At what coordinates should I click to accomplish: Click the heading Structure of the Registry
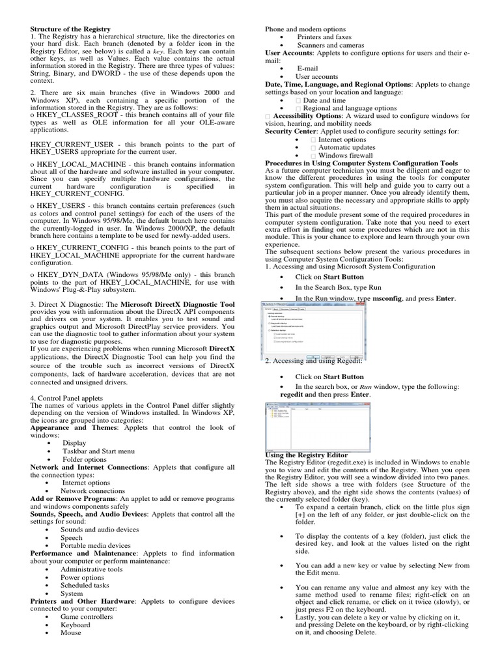tap(70, 29)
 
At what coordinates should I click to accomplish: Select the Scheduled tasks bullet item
tap(85, 585)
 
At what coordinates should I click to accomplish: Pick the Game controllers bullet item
tap(87, 616)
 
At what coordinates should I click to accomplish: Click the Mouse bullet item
tap(72, 632)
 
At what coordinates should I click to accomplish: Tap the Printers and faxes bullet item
tap(324, 37)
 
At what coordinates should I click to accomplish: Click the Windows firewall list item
tap(346, 155)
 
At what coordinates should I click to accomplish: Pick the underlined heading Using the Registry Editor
tap(306, 454)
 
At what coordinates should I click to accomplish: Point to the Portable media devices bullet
tap(96, 545)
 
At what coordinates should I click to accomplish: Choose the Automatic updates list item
tap(346, 147)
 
